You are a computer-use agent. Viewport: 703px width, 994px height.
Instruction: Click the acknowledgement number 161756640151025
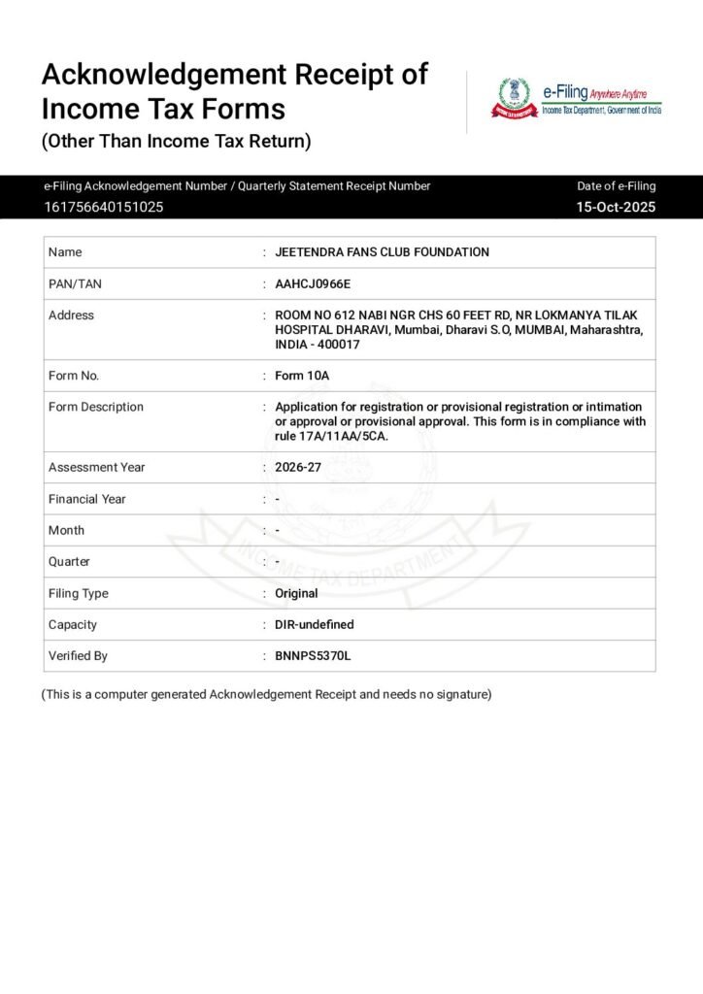(103, 207)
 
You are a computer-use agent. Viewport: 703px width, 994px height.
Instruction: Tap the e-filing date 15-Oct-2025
(616, 207)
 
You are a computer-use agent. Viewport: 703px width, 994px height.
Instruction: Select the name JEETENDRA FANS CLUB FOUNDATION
(382, 252)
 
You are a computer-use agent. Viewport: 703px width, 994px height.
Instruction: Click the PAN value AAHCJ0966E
(313, 283)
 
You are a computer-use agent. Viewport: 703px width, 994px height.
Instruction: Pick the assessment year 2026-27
(298, 468)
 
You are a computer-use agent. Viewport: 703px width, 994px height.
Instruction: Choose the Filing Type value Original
(296, 593)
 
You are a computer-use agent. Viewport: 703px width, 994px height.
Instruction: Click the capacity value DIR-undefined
(315, 625)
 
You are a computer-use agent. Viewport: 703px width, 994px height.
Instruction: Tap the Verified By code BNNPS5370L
(313, 656)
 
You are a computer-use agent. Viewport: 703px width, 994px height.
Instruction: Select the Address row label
(71, 315)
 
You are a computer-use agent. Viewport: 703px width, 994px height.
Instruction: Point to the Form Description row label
(95, 407)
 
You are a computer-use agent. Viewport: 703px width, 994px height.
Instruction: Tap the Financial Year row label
(86, 499)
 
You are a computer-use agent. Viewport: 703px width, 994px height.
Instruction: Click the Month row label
(66, 530)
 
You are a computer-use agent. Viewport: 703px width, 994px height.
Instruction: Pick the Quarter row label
(69, 562)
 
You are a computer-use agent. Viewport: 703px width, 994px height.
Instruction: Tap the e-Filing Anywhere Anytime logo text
(602, 94)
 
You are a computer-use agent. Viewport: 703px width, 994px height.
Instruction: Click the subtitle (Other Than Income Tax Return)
(176, 141)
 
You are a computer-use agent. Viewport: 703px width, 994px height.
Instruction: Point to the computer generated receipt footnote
(266, 694)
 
